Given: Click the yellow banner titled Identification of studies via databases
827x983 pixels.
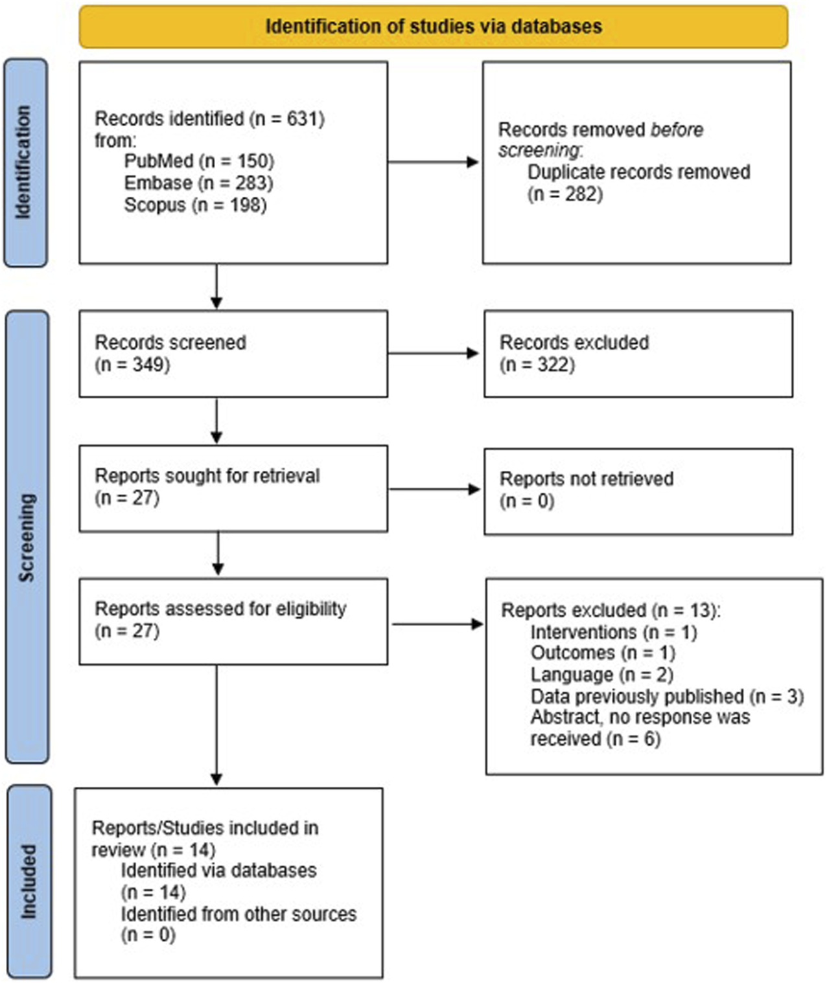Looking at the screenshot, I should pyautogui.click(x=433, y=27).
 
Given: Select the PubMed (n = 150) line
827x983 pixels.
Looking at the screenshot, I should pyautogui.click(x=199, y=161).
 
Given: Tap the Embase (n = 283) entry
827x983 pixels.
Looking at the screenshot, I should pyautogui.click(x=198, y=183).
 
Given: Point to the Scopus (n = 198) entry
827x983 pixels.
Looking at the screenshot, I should pyautogui.click(x=195, y=205).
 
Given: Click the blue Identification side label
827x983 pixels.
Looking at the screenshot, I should pyautogui.click(x=25, y=163).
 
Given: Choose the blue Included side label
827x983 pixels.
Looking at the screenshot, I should pyautogui.click(x=28, y=881).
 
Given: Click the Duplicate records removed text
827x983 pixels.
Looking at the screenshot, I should pyautogui.click(x=638, y=172).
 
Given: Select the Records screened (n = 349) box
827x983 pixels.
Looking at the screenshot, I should pyautogui.click(x=233, y=354).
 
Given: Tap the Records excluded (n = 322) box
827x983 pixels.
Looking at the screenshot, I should pyautogui.click(x=638, y=354).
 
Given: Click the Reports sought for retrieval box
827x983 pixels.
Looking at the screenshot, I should pyautogui.click(x=233, y=488).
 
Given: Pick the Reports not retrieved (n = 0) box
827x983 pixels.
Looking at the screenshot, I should pyautogui.click(x=638, y=491).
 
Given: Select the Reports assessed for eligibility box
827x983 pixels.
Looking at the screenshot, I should pyautogui.click(x=233, y=621).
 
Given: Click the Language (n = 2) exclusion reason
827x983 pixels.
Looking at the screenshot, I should pyautogui.click(x=601, y=675).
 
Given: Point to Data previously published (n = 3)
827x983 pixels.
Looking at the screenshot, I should pyautogui.click(x=666, y=696).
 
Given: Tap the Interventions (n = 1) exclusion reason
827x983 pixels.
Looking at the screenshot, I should pyautogui.click(x=613, y=632).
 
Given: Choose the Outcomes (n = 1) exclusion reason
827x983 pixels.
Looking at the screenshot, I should pyautogui.click(x=602, y=653).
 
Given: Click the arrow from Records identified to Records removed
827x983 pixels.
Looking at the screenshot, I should pyautogui.click(x=434, y=162).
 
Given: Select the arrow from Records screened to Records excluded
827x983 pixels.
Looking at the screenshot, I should pyautogui.click(x=434, y=354).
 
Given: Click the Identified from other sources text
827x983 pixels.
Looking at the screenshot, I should pyautogui.click(x=239, y=914).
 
